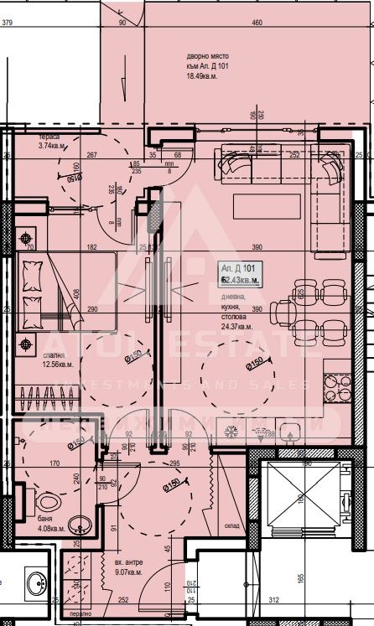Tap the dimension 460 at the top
[257, 23]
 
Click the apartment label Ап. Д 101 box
[240, 273]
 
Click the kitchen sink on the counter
[293, 432]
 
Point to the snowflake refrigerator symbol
[231, 432]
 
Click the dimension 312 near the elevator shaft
[273, 600]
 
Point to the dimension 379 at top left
[8, 23]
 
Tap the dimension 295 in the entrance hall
[175, 462]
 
